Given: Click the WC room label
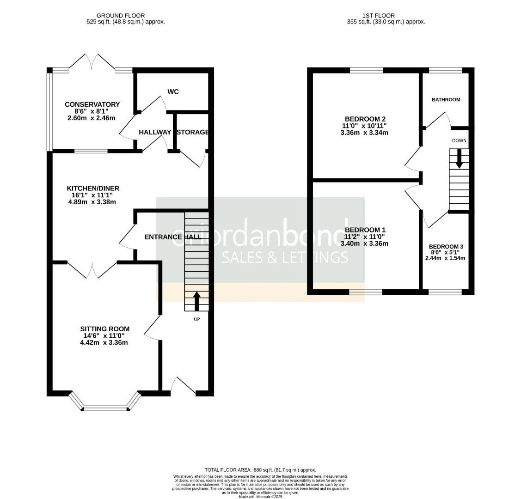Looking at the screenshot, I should click(173, 92).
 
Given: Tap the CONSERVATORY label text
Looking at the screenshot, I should click(92, 104).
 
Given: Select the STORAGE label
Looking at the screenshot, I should click(193, 132).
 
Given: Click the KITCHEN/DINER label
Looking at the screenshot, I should click(93, 188).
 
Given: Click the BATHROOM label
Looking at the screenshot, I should click(446, 100).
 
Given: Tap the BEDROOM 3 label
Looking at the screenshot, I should click(446, 247).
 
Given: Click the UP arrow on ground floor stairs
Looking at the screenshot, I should click(196, 301).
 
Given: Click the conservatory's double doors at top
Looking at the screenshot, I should click(92, 62).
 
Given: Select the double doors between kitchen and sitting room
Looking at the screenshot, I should click(92, 270).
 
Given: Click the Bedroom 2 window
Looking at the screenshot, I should click(366, 70).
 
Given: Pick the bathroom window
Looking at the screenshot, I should click(445, 70).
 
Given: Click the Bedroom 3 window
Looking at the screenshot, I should click(445, 292).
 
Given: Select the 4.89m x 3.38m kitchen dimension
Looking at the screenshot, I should click(92, 201).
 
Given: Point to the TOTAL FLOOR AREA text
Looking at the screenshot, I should click(260, 470).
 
